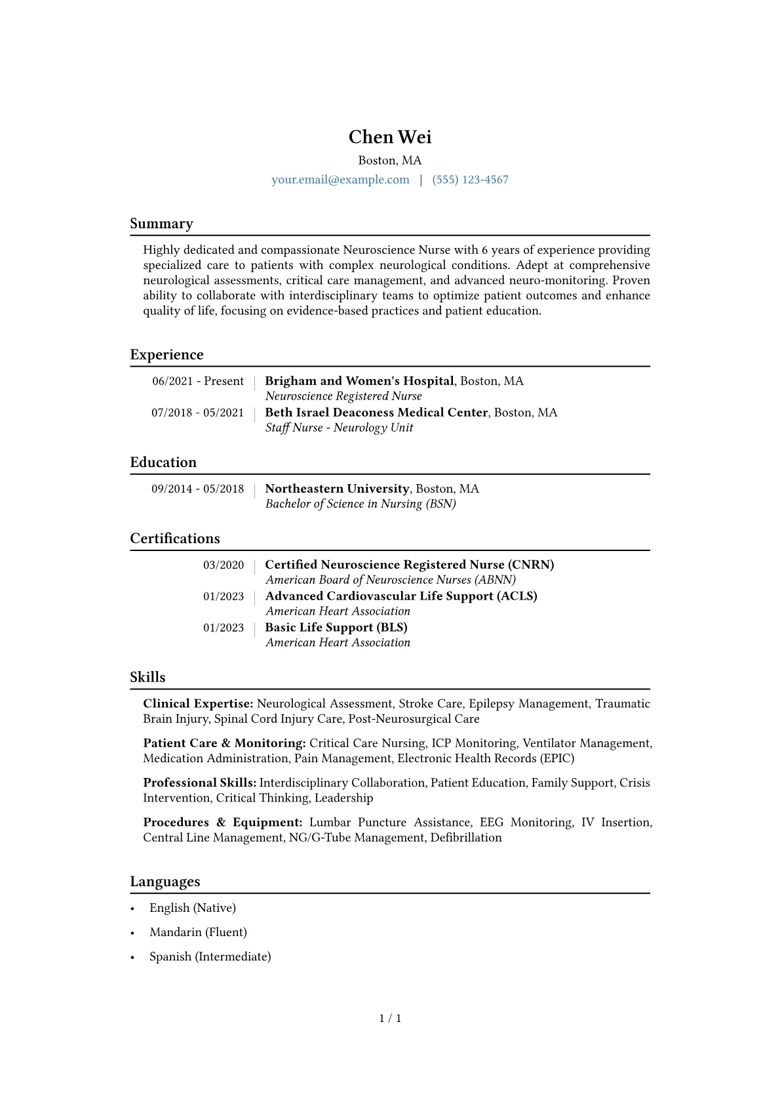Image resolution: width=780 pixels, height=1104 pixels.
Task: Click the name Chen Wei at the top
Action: pos(390,137)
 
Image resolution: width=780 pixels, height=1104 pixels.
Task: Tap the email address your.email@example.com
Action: pos(340,180)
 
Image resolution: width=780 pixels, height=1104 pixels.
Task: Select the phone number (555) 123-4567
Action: pos(470,180)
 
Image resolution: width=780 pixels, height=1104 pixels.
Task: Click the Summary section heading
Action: pos(161,224)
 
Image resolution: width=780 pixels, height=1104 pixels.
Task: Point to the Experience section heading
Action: pos(166,355)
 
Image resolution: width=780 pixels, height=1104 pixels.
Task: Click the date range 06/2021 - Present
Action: pos(198,381)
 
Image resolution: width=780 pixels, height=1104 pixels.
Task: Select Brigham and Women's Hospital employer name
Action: pos(359,381)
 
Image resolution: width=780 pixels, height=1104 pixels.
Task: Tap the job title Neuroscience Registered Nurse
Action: pos(343,396)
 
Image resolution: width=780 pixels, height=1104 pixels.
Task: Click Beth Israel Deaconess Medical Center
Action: pos(376,413)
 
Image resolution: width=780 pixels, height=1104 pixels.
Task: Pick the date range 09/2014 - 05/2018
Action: pos(197,489)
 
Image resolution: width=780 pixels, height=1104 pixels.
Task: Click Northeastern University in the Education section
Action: pos(337,489)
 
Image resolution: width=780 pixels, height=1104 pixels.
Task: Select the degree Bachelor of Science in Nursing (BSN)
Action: pos(361,504)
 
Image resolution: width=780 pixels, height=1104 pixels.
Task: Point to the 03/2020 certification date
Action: pos(224,565)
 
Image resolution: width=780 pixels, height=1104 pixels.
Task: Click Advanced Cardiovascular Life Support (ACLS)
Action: pos(401,596)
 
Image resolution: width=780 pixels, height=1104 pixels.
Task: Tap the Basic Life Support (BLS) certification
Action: pos(336,628)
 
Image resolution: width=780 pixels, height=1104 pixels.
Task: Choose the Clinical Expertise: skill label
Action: pos(198,704)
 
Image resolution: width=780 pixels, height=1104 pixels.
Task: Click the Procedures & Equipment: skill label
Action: pos(223,823)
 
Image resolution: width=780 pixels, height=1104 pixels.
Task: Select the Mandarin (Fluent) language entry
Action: pos(198,932)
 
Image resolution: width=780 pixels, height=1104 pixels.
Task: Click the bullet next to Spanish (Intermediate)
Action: pos(132,957)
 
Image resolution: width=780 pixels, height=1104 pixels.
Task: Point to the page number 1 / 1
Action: pos(390,1019)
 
